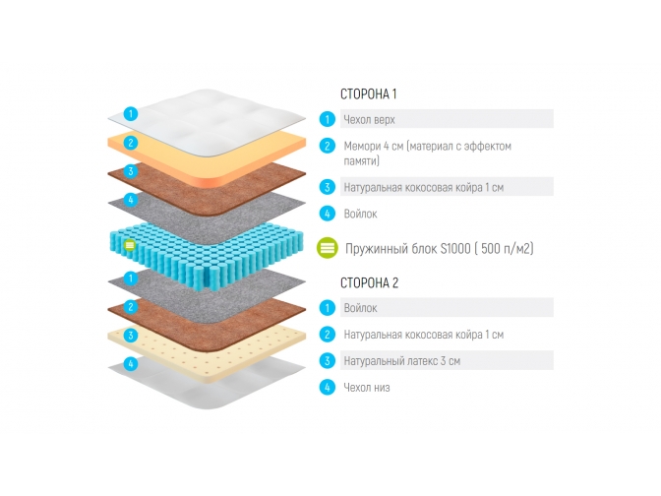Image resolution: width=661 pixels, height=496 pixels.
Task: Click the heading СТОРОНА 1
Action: point(368,95)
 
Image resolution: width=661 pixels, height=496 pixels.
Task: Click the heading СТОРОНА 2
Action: point(368,283)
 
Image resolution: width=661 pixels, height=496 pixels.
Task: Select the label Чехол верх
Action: point(369,119)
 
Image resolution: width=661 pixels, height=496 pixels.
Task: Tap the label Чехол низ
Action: point(367,387)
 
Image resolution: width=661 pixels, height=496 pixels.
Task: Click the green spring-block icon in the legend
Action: point(328,249)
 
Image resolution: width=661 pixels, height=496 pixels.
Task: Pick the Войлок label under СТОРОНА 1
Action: point(360,213)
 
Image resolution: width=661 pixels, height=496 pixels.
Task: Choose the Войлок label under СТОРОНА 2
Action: point(360,309)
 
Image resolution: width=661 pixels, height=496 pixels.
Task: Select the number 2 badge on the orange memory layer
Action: point(130,143)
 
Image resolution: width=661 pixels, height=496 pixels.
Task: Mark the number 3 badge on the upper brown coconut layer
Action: point(130,171)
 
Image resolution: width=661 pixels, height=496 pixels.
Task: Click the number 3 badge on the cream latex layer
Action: point(130,335)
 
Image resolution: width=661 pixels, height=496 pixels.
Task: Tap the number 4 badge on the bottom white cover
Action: point(130,363)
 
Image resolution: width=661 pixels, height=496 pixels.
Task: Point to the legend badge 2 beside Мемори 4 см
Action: point(328,147)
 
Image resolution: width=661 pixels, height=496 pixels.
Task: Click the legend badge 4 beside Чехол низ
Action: point(328,387)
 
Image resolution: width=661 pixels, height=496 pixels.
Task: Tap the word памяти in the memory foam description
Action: point(362,160)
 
